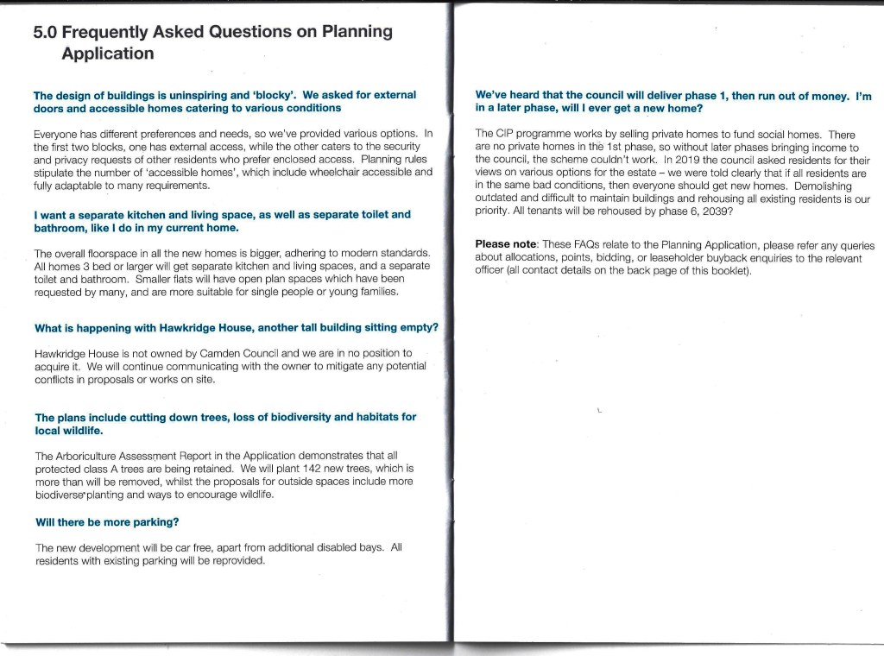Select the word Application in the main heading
(x=108, y=54)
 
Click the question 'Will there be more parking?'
(x=107, y=522)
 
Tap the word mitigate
(x=324, y=366)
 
